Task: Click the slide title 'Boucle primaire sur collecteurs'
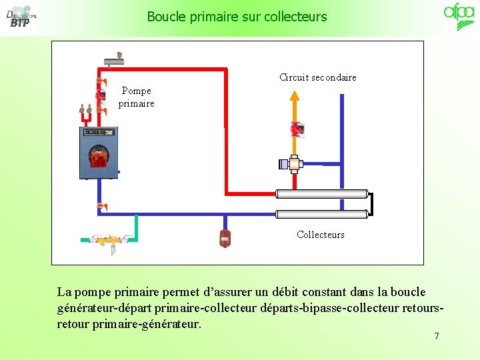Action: click(x=237, y=16)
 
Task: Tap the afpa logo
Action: click(x=459, y=17)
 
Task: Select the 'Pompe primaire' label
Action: click(x=136, y=97)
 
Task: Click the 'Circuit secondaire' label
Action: click(x=317, y=77)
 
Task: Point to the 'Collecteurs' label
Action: click(x=320, y=235)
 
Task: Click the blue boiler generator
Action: click(x=99, y=153)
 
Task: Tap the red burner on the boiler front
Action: click(x=99, y=159)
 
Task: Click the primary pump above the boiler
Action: click(x=100, y=96)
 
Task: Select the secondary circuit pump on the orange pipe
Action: click(x=295, y=129)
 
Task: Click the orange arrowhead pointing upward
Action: click(x=295, y=95)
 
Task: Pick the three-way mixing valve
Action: click(x=292, y=163)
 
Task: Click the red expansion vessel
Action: click(x=225, y=237)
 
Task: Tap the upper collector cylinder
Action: click(x=322, y=194)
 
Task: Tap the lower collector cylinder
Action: click(x=322, y=214)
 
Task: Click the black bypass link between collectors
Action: click(x=371, y=204)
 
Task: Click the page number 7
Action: click(x=437, y=336)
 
